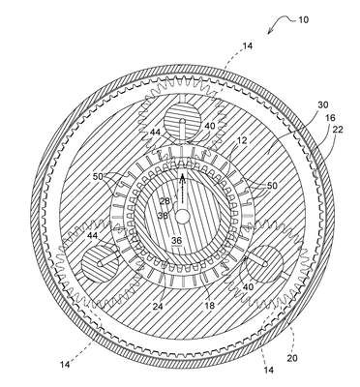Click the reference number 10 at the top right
coord(303,20)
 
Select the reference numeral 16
coord(330,118)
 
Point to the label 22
coord(338,130)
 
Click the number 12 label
coord(242,140)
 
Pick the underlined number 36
coord(177,240)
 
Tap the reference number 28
coord(165,201)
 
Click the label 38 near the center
coord(163,215)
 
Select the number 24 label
coord(158,306)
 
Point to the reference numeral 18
coord(210,306)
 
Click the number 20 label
coord(292,358)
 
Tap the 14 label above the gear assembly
coord(248,46)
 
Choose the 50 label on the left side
coord(98,177)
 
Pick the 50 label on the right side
coord(272,186)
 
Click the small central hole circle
coord(182,218)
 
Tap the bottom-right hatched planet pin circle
coord(264,263)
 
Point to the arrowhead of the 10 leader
coord(269,32)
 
